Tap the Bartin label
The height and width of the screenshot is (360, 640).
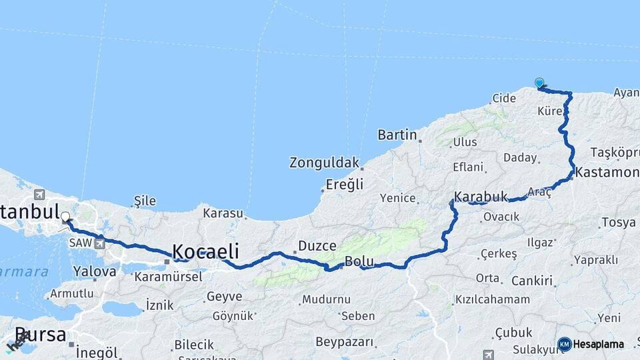point(397,135)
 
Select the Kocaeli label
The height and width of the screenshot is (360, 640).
point(205,251)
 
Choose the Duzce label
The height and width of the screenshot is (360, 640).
point(317,245)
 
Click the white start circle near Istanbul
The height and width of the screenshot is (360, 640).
point(65,217)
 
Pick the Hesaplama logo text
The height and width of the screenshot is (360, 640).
point(598,345)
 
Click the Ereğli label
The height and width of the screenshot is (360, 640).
point(344,184)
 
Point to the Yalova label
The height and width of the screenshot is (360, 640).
point(95,271)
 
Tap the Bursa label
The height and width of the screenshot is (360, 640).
point(40,335)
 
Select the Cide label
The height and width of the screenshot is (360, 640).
point(503,98)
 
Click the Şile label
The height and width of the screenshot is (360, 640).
point(145,200)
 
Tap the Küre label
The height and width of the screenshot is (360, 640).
point(549,111)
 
